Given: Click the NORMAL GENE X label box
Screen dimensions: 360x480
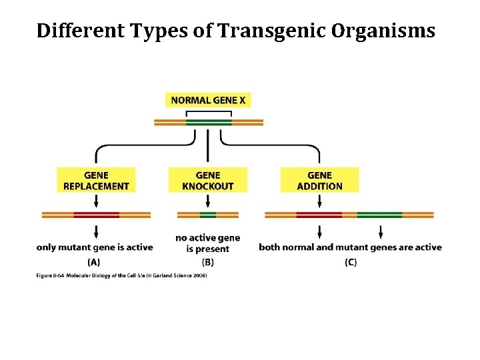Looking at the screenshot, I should coord(208,101).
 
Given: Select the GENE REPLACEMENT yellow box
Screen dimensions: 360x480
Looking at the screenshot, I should coord(96,180).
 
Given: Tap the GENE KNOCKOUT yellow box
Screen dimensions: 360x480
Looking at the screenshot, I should coord(208,180).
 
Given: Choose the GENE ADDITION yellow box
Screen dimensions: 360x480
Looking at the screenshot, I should coord(319,180).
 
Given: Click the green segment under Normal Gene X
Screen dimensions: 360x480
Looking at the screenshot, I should coord(209,123).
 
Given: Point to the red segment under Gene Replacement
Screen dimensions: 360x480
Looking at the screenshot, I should coord(96,215).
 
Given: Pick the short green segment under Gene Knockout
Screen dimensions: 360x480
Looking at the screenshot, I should coord(208,215).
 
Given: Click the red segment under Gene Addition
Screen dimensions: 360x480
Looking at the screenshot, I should coord(319,215).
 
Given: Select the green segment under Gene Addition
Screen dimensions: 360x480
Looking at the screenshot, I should coord(379,215).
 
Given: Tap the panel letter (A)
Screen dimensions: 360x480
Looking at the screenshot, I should coord(94,262).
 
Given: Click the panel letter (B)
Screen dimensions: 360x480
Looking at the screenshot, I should coord(207,262).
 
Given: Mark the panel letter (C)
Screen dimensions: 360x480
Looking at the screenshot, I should coord(350,262).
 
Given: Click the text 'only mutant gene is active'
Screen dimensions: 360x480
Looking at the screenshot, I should coord(95,247).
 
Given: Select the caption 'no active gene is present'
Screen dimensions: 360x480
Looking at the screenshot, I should coord(207,243).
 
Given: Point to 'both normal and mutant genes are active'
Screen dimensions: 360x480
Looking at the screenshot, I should coord(350,247).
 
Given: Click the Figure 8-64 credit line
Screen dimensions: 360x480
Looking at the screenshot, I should coord(121,275).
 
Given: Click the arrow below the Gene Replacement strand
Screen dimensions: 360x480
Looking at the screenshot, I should coord(96,231).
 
